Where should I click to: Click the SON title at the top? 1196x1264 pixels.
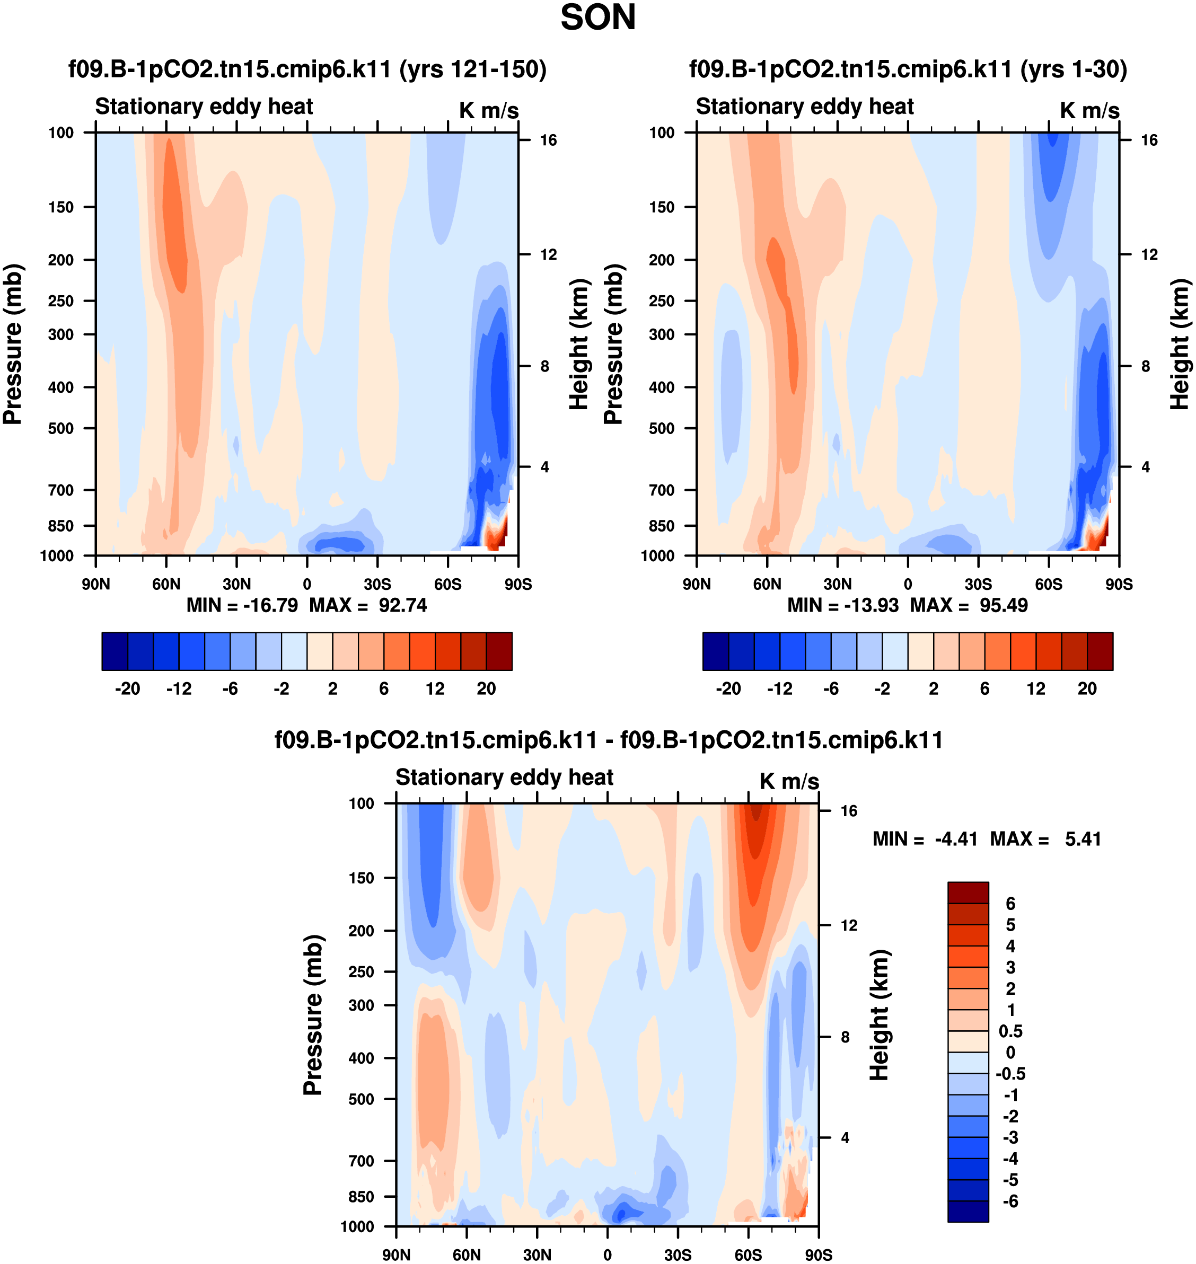597,18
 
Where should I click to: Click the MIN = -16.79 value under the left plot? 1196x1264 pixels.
242,605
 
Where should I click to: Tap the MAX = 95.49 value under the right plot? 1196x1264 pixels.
969,605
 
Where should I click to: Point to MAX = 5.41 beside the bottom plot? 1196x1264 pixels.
1045,839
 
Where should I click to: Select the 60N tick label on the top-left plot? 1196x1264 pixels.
166,585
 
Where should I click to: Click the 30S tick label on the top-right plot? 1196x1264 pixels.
978,585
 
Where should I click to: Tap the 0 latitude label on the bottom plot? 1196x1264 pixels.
607,1255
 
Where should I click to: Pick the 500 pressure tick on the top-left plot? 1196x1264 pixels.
61,428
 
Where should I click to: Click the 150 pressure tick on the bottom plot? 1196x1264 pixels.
362,878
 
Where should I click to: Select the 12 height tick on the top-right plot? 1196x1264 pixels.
1149,255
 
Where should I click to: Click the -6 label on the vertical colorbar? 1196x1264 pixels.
1010,1201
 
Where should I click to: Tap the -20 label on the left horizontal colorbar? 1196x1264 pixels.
128,688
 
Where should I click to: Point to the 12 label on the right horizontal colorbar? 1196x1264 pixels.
1036,688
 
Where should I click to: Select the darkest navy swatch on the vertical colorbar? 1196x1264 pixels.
968,1211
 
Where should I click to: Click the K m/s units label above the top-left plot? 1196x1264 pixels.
489,110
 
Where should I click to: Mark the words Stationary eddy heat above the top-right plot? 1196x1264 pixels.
805,107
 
